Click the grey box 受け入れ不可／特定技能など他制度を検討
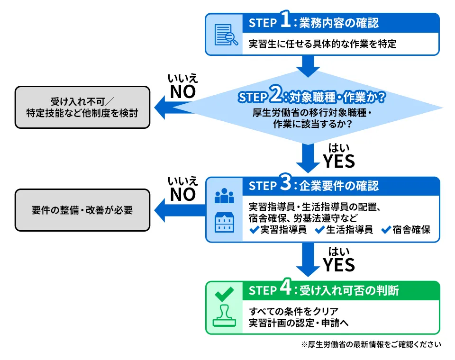point(82,108)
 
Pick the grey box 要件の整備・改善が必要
point(82,210)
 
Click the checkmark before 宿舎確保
point(386,230)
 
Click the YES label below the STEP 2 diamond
point(339,162)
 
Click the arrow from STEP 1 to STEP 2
point(309,65)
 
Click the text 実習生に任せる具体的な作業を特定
point(323,45)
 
